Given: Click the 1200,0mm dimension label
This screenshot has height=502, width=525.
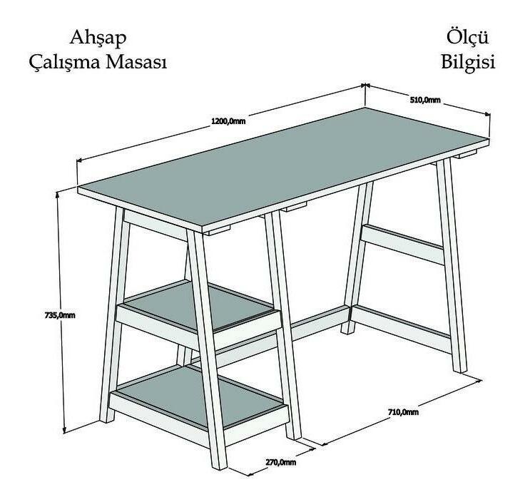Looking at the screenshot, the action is tap(228, 121).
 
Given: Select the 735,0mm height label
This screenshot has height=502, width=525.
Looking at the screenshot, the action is tap(60, 315).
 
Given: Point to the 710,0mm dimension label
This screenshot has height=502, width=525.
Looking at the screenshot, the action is tap(403, 412).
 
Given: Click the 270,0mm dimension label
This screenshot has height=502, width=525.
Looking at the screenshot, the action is tap(281, 462).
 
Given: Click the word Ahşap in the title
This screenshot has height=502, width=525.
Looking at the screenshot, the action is tap(98, 38).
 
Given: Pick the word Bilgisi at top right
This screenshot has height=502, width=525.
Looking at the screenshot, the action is tap(468, 62).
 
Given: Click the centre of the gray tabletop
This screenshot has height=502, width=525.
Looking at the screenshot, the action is tap(283, 169).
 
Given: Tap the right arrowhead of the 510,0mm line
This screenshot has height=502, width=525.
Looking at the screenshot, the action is tap(487, 114).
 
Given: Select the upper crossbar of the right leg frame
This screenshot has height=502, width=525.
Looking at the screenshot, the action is tap(404, 245).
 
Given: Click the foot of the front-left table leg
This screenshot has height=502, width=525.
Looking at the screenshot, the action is tap(220, 466).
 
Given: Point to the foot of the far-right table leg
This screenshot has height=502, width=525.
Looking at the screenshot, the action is tap(460, 369).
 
